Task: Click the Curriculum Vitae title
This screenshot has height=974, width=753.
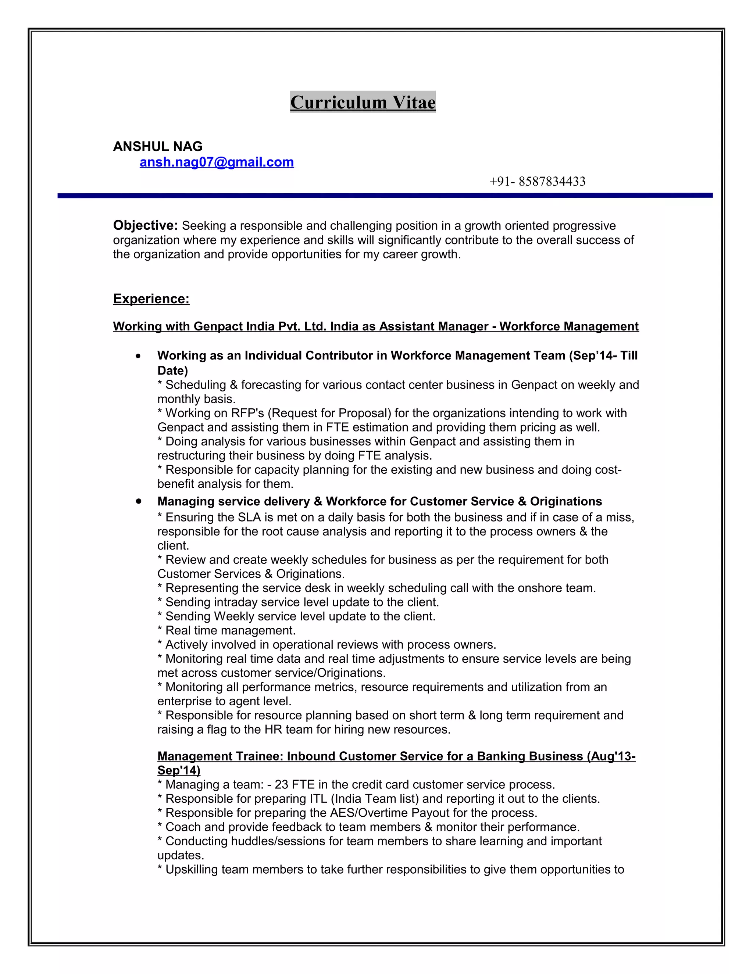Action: pyautogui.click(x=363, y=102)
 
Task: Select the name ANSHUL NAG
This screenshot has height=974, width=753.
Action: pyautogui.click(x=157, y=146)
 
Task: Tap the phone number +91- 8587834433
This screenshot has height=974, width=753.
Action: pyautogui.click(x=537, y=182)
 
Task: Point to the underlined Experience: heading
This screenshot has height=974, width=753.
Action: pyautogui.click(x=151, y=298)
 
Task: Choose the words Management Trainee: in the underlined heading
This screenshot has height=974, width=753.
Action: pyautogui.click(x=220, y=756)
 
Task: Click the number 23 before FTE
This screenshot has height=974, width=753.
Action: pyautogui.click(x=282, y=784)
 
